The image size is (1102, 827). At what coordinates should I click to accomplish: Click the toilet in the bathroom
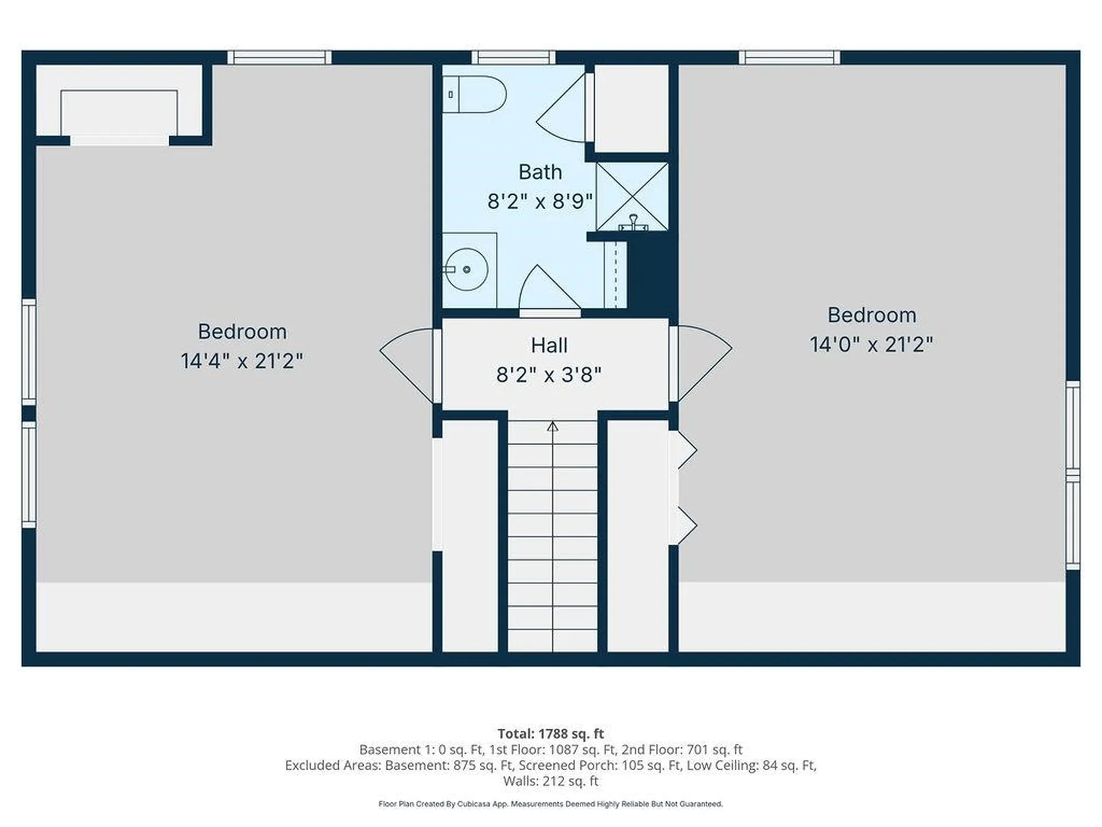(x=475, y=94)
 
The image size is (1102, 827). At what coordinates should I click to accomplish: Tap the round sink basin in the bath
(x=467, y=269)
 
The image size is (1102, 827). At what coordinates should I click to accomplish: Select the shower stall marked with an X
(x=632, y=196)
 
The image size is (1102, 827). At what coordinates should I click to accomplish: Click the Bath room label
(x=540, y=172)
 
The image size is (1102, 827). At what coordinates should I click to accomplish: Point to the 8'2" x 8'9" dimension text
(x=540, y=202)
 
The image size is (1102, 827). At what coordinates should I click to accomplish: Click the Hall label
(x=549, y=346)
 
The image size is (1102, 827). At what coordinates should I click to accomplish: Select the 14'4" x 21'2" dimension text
(x=242, y=361)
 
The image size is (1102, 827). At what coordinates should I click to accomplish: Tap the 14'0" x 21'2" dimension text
(x=871, y=345)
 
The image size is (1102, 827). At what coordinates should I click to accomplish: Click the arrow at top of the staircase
(x=552, y=426)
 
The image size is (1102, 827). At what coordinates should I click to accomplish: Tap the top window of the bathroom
(x=513, y=57)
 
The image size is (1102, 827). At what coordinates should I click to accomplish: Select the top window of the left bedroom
(x=280, y=57)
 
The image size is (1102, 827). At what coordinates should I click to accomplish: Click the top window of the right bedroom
(x=789, y=57)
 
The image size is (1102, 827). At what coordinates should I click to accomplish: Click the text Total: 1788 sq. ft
(x=550, y=733)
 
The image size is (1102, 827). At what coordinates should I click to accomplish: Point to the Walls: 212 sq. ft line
(x=550, y=781)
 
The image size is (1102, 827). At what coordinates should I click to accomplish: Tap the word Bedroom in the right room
(x=871, y=315)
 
